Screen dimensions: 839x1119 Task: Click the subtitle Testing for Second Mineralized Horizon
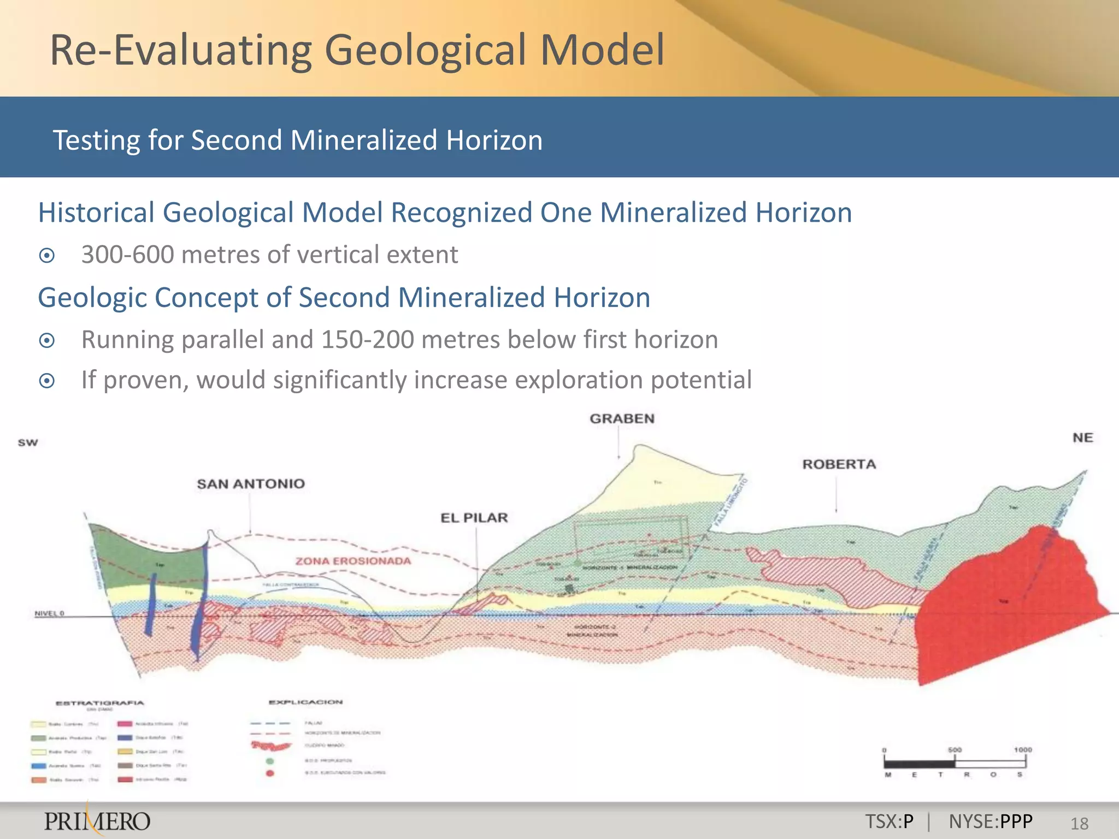[298, 140]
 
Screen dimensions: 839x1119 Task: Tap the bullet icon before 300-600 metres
[47, 256]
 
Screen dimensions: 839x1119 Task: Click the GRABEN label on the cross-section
[622, 419]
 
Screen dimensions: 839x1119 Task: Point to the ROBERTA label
[839, 464]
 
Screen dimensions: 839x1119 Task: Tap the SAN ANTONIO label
[251, 484]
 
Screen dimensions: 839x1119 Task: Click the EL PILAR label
[474, 518]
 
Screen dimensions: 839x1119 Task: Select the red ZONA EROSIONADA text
[353, 561]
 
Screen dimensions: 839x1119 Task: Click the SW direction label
[28, 442]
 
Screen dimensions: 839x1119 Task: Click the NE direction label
[1082, 438]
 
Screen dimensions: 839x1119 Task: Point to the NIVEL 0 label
[49, 613]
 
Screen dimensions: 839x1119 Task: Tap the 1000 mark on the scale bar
[1023, 750]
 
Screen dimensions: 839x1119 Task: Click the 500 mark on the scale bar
[955, 750]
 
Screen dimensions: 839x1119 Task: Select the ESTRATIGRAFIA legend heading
[100, 703]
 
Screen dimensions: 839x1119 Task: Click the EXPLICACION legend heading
[306, 702]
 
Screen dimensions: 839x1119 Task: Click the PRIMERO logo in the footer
[97, 821]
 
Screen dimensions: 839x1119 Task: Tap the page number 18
[1079, 823]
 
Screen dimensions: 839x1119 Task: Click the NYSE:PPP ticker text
[990, 821]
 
